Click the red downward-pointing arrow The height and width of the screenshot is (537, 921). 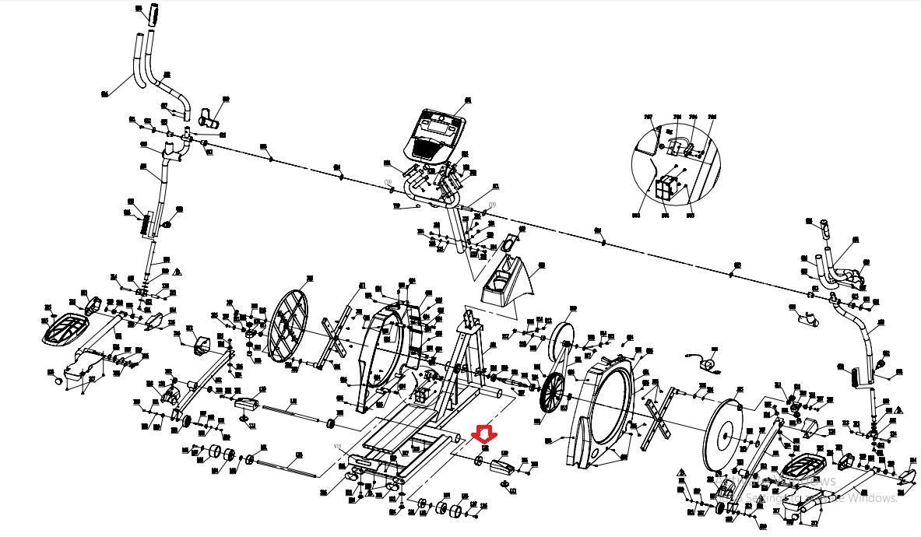click(x=484, y=433)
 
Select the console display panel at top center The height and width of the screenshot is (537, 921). click(x=434, y=132)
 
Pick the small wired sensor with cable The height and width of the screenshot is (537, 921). click(x=705, y=363)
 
